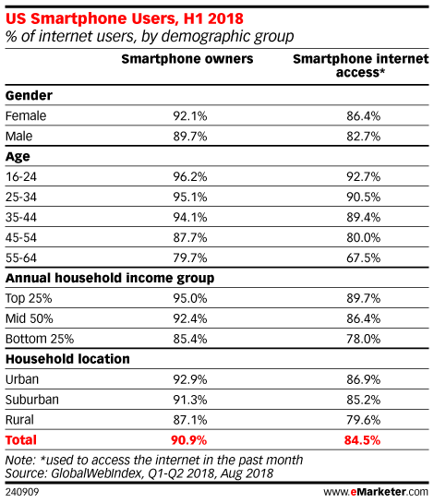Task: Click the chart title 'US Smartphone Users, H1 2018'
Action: (x=125, y=18)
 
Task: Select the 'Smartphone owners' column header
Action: (x=187, y=59)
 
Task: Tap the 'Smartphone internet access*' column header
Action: (x=360, y=66)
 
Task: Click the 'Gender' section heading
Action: (x=29, y=95)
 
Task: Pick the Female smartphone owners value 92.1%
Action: (x=190, y=115)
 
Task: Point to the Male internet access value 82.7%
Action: (x=364, y=137)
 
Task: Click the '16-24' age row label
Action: (x=21, y=176)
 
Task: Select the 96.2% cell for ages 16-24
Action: (x=190, y=176)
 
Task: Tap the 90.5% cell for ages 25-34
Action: (x=364, y=197)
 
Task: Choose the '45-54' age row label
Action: (x=21, y=237)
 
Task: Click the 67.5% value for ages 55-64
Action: (x=364, y=257)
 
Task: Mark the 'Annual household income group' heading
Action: (x=110, y=278)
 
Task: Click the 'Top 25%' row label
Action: (x=29, y=298)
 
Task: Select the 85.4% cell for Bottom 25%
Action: (x=190, y=339)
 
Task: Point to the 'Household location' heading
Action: (x=67, y=359)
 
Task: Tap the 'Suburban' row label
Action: (x=32, y=400)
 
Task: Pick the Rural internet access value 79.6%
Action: (x=364, y=420)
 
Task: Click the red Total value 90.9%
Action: (x=188, y=440)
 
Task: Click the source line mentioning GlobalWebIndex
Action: (x=139, y=473)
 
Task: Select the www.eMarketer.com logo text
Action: (x=376, y=491)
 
